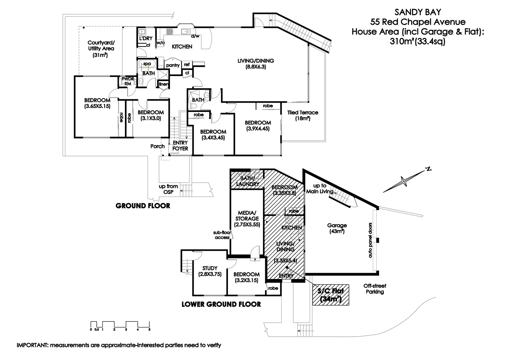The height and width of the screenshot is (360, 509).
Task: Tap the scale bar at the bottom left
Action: [120, 325]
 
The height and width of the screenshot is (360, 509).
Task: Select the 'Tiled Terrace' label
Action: [303, 115]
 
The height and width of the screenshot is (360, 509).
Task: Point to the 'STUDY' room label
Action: [210, 271]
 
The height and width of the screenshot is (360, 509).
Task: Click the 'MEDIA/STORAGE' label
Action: [247, 219]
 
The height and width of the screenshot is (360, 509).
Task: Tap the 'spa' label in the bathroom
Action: [147, 64]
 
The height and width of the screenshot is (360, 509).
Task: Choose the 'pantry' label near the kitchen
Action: [173, 65]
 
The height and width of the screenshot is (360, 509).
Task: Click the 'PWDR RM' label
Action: [127, 81]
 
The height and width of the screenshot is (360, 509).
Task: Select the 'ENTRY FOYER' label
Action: [180, 146]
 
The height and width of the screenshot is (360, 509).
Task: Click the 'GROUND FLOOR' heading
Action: [143, 206]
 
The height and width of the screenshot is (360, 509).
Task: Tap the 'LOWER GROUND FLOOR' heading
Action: [221, 304]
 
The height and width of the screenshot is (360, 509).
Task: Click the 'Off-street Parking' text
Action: [375, 289]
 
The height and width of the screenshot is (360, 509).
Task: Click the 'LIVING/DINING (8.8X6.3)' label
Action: [256, 64]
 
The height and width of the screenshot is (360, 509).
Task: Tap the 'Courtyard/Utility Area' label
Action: [101, 49]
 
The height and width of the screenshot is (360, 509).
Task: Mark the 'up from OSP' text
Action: [168, 189]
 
